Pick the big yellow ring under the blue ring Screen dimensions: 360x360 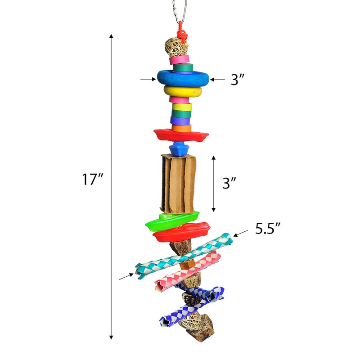click(183, 92)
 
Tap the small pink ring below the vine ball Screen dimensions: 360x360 click(180, 60)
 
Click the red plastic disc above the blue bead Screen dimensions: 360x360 click(180, 135)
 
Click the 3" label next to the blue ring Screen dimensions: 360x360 click(238, 80)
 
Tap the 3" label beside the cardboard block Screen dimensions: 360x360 click(229, 183)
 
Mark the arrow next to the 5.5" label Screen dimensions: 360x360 click(241, 233)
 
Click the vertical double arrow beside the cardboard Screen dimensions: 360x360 click(214, 184)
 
